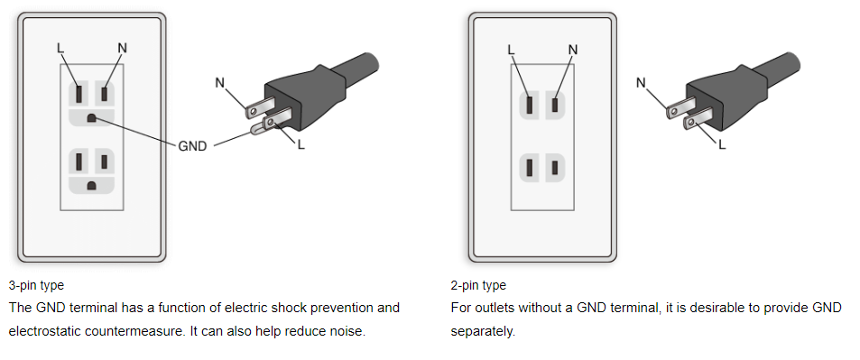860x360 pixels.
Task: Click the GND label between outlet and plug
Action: click(x=192, y=146)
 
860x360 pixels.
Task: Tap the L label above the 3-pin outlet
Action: click(x=60, y=49)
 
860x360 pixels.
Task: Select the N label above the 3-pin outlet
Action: click(x=123, y=49)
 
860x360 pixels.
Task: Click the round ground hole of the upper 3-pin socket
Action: click(x=91, y=117)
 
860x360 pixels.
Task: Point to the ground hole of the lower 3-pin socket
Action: click(x=91, y=186)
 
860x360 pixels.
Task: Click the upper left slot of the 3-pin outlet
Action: click(x=79, y=94)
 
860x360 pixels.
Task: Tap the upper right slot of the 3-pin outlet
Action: click(x=104, y=93)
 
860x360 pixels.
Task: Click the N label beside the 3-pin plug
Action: click(x=220, y=83)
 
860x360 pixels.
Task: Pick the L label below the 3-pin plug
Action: click(x=301, y=146)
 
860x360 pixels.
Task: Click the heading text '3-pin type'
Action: click(x=36, y=286)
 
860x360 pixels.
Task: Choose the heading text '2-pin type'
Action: click(x=478, y=286)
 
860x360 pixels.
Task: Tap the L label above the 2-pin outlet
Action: click(x=511, y=50)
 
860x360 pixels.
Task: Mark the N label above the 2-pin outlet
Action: click(x=573, y=50)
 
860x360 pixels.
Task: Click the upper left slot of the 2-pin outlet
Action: click(x=530, y=105)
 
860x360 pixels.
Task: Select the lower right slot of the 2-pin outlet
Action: click(x=555, y=168)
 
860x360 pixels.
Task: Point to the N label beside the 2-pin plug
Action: click(x=641, y=83)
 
